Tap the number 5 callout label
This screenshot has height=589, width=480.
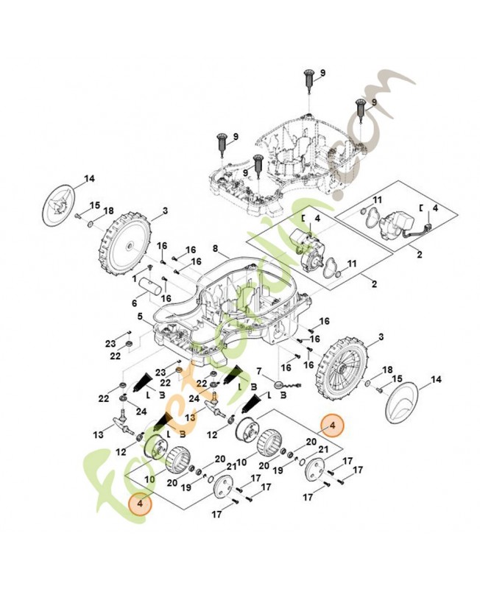(x=140, y=317)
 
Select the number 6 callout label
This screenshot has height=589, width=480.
(x=135, y=303)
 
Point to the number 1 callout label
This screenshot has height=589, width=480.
(x=135, y=280)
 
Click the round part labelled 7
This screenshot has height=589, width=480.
(x=278, y=384)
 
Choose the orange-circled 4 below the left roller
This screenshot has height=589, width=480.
(x=136, y=504)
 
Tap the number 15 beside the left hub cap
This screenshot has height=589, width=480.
(x=94, y=205)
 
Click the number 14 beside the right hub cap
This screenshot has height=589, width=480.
(x=435, y=379)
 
